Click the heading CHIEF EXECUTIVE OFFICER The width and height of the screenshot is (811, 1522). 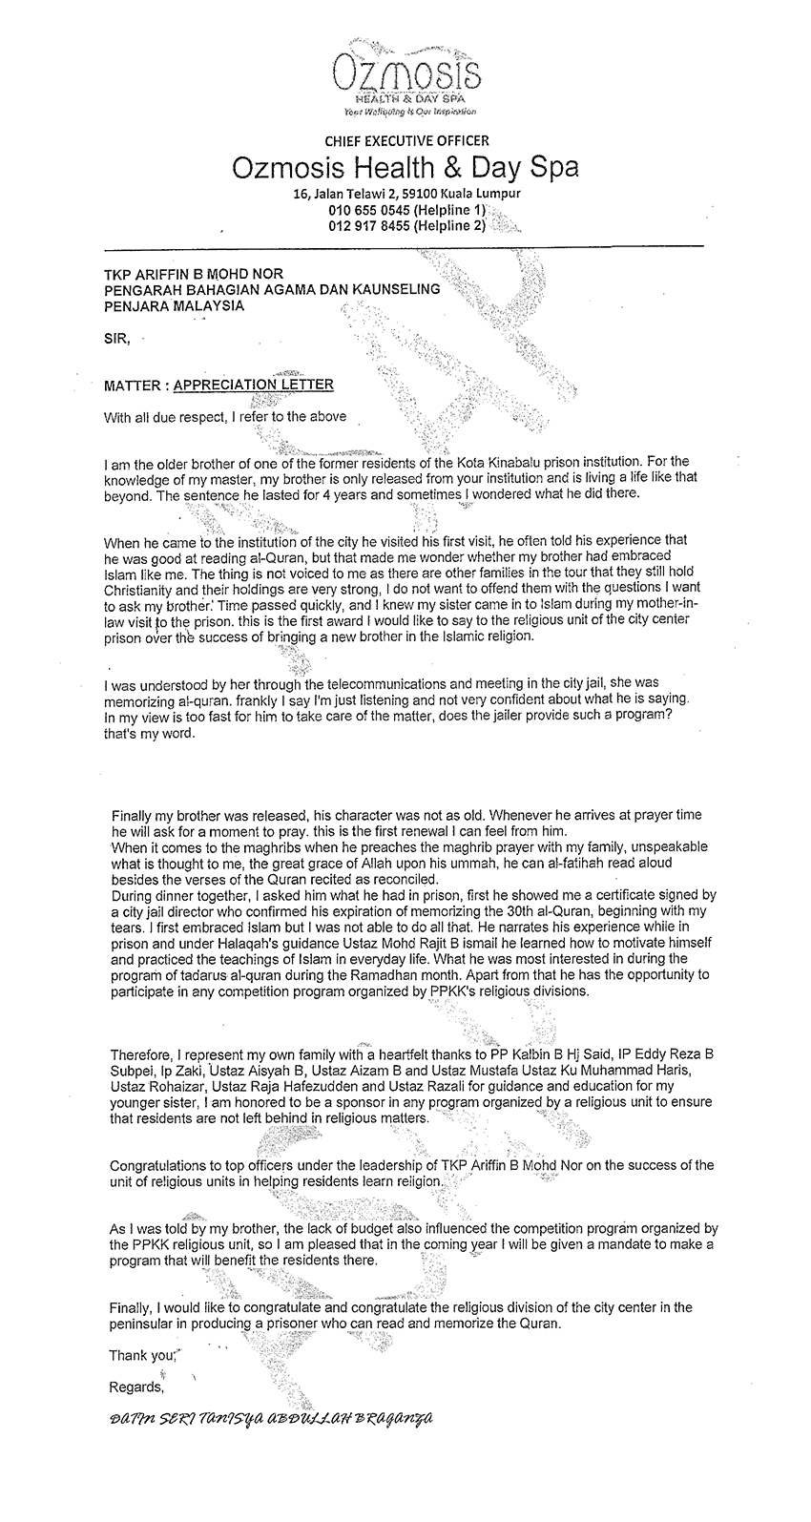(405, 141)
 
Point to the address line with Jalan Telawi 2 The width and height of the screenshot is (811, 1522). (405, 194)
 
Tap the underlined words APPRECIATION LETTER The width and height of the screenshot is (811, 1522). (254, 385)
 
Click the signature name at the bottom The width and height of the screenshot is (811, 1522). (272, 1418)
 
